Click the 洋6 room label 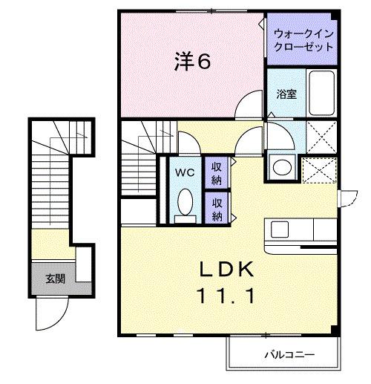tap(194, 62)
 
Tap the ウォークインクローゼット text tap(303, 39)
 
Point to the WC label tap(185, 172)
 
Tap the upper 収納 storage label tap(217, 172)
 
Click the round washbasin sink tap(282, 167)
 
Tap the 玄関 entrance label tap(54, 279)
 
